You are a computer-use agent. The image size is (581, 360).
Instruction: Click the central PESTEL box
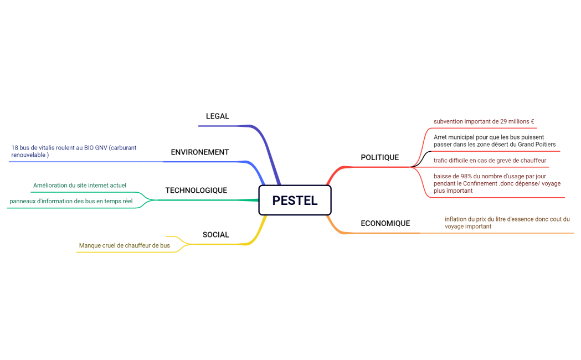295,200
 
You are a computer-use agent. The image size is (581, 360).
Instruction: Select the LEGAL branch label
217,116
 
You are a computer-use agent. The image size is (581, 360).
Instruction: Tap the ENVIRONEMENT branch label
199,152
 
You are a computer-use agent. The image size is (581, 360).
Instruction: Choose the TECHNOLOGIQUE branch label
196,190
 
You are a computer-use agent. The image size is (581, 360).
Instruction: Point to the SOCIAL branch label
215,234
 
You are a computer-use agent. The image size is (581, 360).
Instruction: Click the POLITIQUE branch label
379,157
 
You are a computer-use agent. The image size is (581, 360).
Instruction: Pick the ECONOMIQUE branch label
385,223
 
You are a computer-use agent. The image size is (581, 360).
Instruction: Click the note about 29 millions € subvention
484,121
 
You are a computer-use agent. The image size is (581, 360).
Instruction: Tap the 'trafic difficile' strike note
490,161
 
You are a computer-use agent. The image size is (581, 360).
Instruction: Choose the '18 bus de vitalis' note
73,151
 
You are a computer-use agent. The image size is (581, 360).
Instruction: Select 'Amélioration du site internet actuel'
79,185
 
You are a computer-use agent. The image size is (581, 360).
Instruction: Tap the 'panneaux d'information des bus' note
71,201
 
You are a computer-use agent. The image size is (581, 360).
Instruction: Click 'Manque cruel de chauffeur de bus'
124,245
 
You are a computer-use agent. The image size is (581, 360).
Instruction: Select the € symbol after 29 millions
532,121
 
